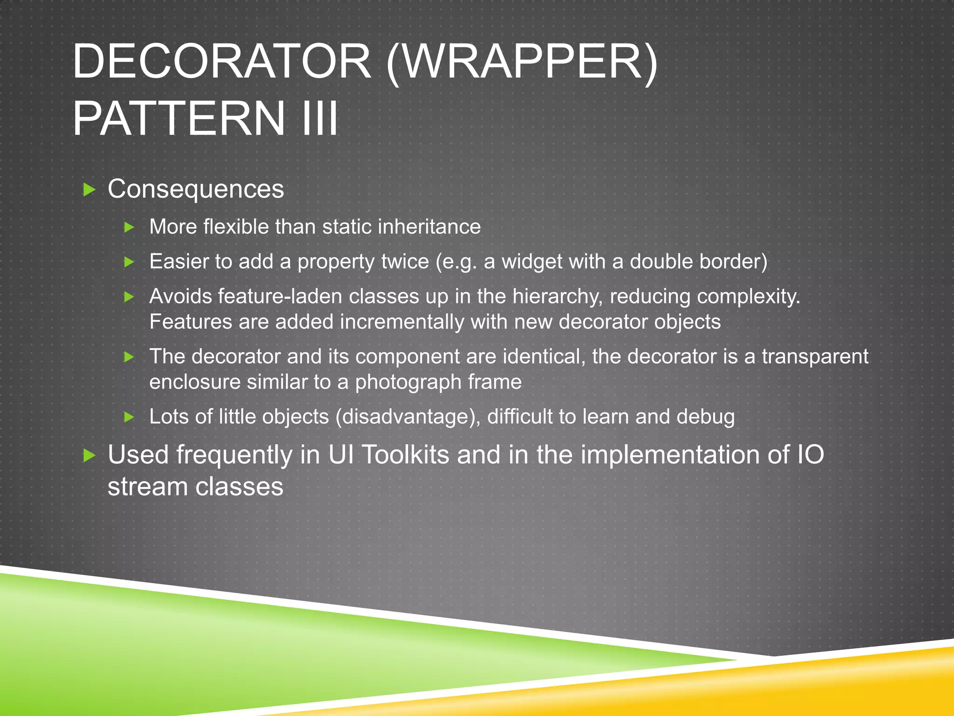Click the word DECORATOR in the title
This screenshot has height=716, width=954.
point(222,62)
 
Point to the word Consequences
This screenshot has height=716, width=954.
point(196,189)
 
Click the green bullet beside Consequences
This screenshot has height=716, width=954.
point(89,190)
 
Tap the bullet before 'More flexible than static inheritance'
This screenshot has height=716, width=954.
point(129,227)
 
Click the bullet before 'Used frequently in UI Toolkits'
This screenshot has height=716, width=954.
point(89,455)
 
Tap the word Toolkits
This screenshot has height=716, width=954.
point(405,454)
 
